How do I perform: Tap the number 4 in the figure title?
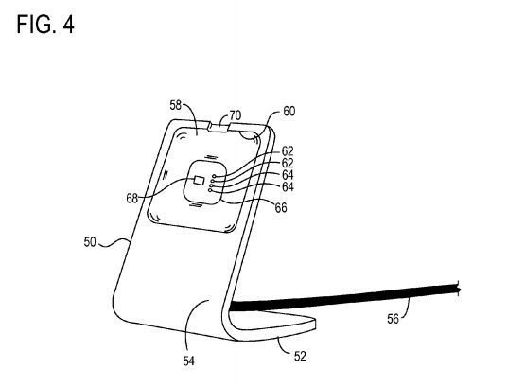coord(68,25)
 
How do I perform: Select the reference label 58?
coord(175,105)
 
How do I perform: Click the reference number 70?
coord(235,115)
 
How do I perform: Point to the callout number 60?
coord(289,111)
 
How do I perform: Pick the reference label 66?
coord(281,208)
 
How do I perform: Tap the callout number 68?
coord(131,199)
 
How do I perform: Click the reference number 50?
coord(90,242)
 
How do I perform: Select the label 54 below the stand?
coord(189,361)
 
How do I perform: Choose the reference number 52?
coord(300,356)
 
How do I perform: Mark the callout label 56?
coord(394,319)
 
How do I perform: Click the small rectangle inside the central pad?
coord(199,180)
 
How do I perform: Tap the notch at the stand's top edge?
coord(219,128)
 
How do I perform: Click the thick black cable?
coord(345,297)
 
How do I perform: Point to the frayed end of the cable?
coord(458,290)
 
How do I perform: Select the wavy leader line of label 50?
coord(114,243)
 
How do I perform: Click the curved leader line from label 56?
coord(406,308)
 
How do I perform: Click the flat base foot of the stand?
coord(271,324)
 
